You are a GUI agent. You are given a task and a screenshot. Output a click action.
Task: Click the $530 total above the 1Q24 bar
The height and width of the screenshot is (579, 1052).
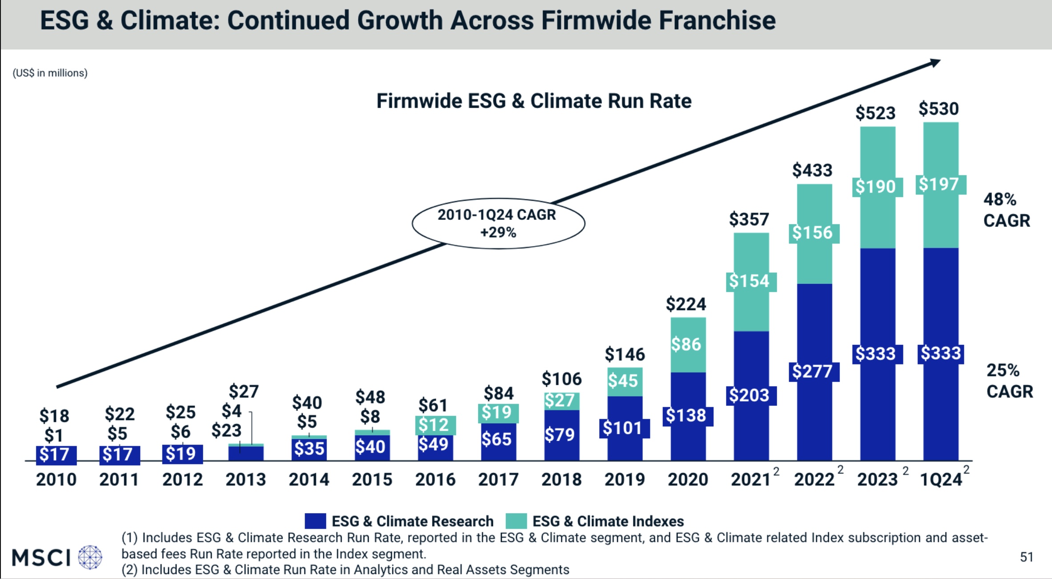[x=939, y=109]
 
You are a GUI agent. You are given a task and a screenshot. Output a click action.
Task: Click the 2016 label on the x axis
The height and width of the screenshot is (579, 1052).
[x=435, y=479]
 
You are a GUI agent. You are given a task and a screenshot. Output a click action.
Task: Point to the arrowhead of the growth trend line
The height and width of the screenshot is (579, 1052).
[x=934, y=63]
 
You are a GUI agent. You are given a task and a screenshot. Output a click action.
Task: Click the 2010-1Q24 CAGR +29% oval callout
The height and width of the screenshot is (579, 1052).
[x=498, y=223]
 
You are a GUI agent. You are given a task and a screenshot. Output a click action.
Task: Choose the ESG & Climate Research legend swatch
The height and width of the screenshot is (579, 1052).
[x=315, y=521]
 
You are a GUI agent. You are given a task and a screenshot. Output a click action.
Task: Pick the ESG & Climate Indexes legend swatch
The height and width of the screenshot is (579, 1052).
[x=516, y=521]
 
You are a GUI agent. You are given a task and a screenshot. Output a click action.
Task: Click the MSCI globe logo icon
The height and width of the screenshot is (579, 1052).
[x=90, y=557]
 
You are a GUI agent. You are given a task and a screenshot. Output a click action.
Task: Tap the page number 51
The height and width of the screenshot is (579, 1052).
[x=1026, y=557]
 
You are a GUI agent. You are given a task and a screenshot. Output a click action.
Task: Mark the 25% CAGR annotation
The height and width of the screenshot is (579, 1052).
[x=1009, y=381]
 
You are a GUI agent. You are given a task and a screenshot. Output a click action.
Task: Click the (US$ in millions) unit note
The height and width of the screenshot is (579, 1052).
[x=50, y=73]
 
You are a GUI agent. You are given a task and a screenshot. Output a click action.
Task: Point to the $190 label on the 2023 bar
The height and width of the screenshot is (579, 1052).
[x=875, y=187]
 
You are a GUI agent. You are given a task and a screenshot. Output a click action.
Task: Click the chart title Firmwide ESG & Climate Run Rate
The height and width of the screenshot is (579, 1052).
[x=534, y=101]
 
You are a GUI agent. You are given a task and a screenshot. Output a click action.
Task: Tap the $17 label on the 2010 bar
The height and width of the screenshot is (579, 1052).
[x=54, y=454]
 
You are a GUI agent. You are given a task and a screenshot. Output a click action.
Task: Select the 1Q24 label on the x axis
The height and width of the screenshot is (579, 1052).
[x=941, y=479]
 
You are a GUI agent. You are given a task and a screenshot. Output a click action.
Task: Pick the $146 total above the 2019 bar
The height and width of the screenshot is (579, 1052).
[x=625, y=354]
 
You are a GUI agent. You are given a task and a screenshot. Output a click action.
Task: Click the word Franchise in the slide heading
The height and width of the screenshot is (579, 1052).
[x=717, y=20]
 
